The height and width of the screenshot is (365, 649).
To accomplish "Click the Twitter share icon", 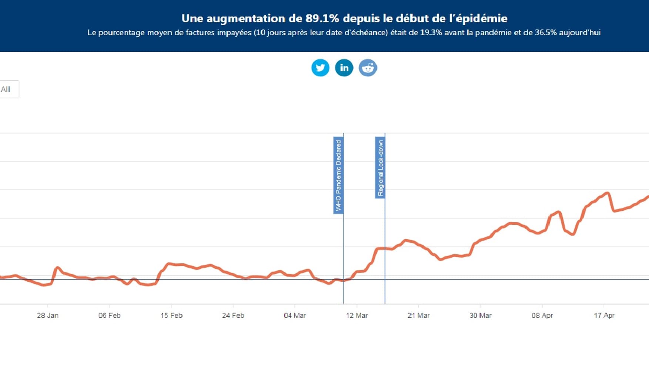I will tap(320, 68).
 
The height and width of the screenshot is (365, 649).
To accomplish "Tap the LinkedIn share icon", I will tap(344, 68).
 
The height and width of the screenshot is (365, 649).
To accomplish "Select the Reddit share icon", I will tap(368, 68).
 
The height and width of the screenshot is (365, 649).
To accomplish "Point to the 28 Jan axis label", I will tap(48, 315).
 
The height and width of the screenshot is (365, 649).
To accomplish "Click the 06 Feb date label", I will tap(110, 315).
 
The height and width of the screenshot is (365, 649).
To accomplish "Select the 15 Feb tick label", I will tap(171, 315).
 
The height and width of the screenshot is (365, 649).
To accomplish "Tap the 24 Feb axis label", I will tap(233, 315).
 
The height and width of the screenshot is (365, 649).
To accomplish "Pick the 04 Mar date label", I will tap(295, 315).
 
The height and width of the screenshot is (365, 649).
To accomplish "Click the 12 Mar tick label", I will tap(357, 315).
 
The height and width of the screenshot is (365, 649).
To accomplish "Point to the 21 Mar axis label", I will tap(418, 315).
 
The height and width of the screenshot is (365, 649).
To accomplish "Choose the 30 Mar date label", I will tap(481, 315).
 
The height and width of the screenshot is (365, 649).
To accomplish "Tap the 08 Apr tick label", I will tap(542, 315).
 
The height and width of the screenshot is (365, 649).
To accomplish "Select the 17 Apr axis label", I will tap(604, 315).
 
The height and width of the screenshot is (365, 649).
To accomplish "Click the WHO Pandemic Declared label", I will tap(338, 175).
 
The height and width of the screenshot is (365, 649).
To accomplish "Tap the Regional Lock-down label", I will tap(380, 168).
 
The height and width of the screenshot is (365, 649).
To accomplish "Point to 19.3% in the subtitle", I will tap(431, 33).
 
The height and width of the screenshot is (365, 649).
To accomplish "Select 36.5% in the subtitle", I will tap(546, 33).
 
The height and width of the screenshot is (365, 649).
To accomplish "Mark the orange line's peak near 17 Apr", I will tap(607, 193).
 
